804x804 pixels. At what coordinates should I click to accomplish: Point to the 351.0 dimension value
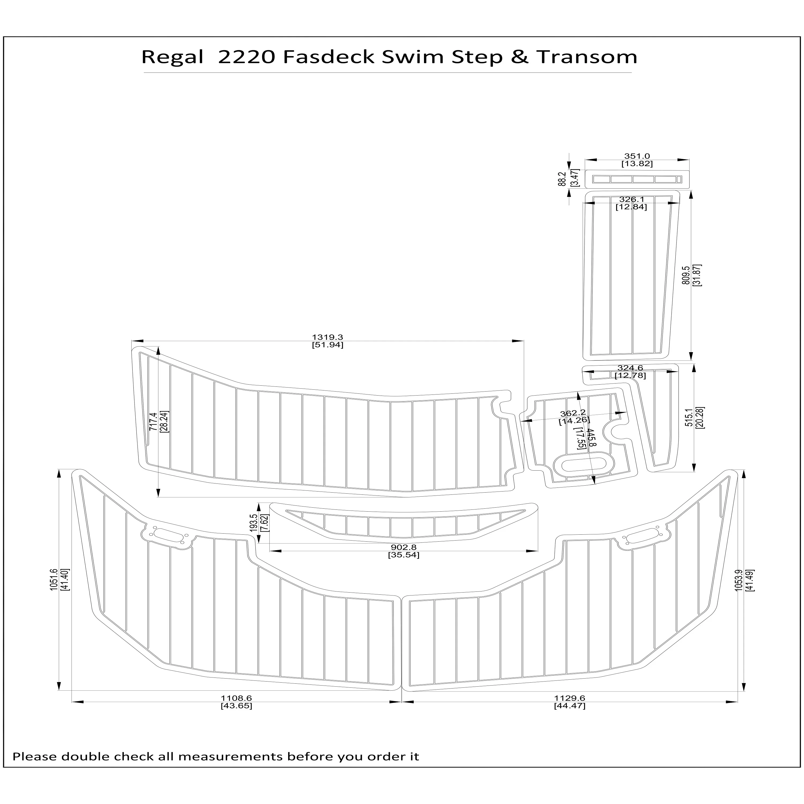click(637, 157)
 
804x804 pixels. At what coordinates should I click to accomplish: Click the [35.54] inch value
click(403, 555)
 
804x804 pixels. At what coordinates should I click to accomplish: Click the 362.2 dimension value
click(573, 413)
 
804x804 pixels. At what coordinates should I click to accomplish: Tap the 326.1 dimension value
click(631, 199)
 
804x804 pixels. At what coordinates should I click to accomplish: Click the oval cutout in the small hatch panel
click(585, 464)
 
